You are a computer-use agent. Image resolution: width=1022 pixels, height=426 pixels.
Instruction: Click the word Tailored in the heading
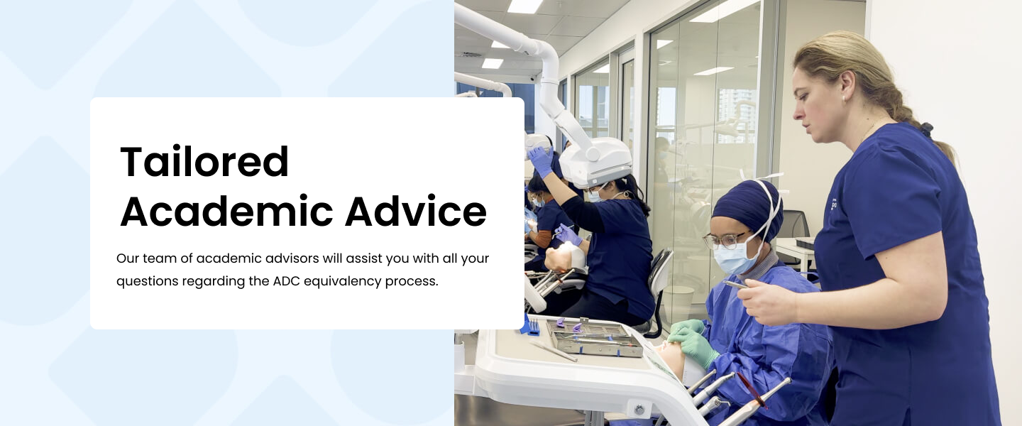[x=204, y=161]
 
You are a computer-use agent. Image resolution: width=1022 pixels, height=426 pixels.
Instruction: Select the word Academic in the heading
[x=227, y=211]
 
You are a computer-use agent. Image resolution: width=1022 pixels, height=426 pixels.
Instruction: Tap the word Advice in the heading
[x=416, y=211]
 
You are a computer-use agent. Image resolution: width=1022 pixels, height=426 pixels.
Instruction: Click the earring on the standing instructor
[x=844, y=99]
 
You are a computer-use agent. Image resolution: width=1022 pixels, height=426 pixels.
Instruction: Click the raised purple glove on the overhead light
[x=541, y=162]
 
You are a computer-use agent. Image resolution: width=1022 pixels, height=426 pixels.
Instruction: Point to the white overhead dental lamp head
[x=595, y=162]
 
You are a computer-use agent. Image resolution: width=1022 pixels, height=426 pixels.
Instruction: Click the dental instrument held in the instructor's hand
[x=735, y=284]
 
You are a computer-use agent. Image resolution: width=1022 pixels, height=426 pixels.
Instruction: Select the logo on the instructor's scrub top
[x=834, y=205]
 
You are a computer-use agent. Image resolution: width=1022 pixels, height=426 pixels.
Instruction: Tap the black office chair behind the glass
[x=796, y=229]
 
